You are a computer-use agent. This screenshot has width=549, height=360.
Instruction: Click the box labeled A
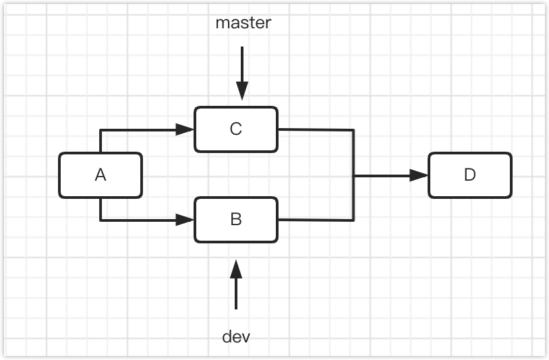click(100, 175)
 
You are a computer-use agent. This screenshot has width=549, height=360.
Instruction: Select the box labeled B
click(235, 220)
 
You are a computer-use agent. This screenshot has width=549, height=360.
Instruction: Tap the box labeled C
click(235, 129)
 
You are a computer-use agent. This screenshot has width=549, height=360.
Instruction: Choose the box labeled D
click(469, 175)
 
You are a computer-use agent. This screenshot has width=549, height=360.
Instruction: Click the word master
click(243, 23)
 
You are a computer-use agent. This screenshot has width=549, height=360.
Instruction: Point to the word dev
click(235, 336)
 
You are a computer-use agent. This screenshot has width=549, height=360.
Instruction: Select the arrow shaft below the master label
click(242, 64)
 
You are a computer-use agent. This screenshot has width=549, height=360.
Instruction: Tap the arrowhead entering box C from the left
click(185, 129)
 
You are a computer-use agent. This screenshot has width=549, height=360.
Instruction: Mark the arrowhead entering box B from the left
click(185, 220)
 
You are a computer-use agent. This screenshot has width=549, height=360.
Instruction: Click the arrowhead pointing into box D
click(419, 175)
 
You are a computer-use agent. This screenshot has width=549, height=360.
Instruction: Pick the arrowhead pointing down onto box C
click(242, 91)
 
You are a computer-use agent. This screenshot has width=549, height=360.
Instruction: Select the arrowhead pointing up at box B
click(235, 269)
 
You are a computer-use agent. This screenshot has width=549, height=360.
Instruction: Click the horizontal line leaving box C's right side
click(316, 129)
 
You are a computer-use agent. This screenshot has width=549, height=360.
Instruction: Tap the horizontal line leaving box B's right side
click(316, 220)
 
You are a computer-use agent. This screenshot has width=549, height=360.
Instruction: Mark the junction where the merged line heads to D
click(354, 175)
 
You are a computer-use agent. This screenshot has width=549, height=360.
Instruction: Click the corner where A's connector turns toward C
click(100, 129)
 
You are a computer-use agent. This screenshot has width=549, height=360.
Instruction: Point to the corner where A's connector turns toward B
click(100, 220)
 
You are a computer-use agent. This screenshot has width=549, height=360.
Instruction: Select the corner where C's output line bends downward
click(354, 130)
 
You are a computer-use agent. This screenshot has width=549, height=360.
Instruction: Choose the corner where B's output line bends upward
click(354, 220)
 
